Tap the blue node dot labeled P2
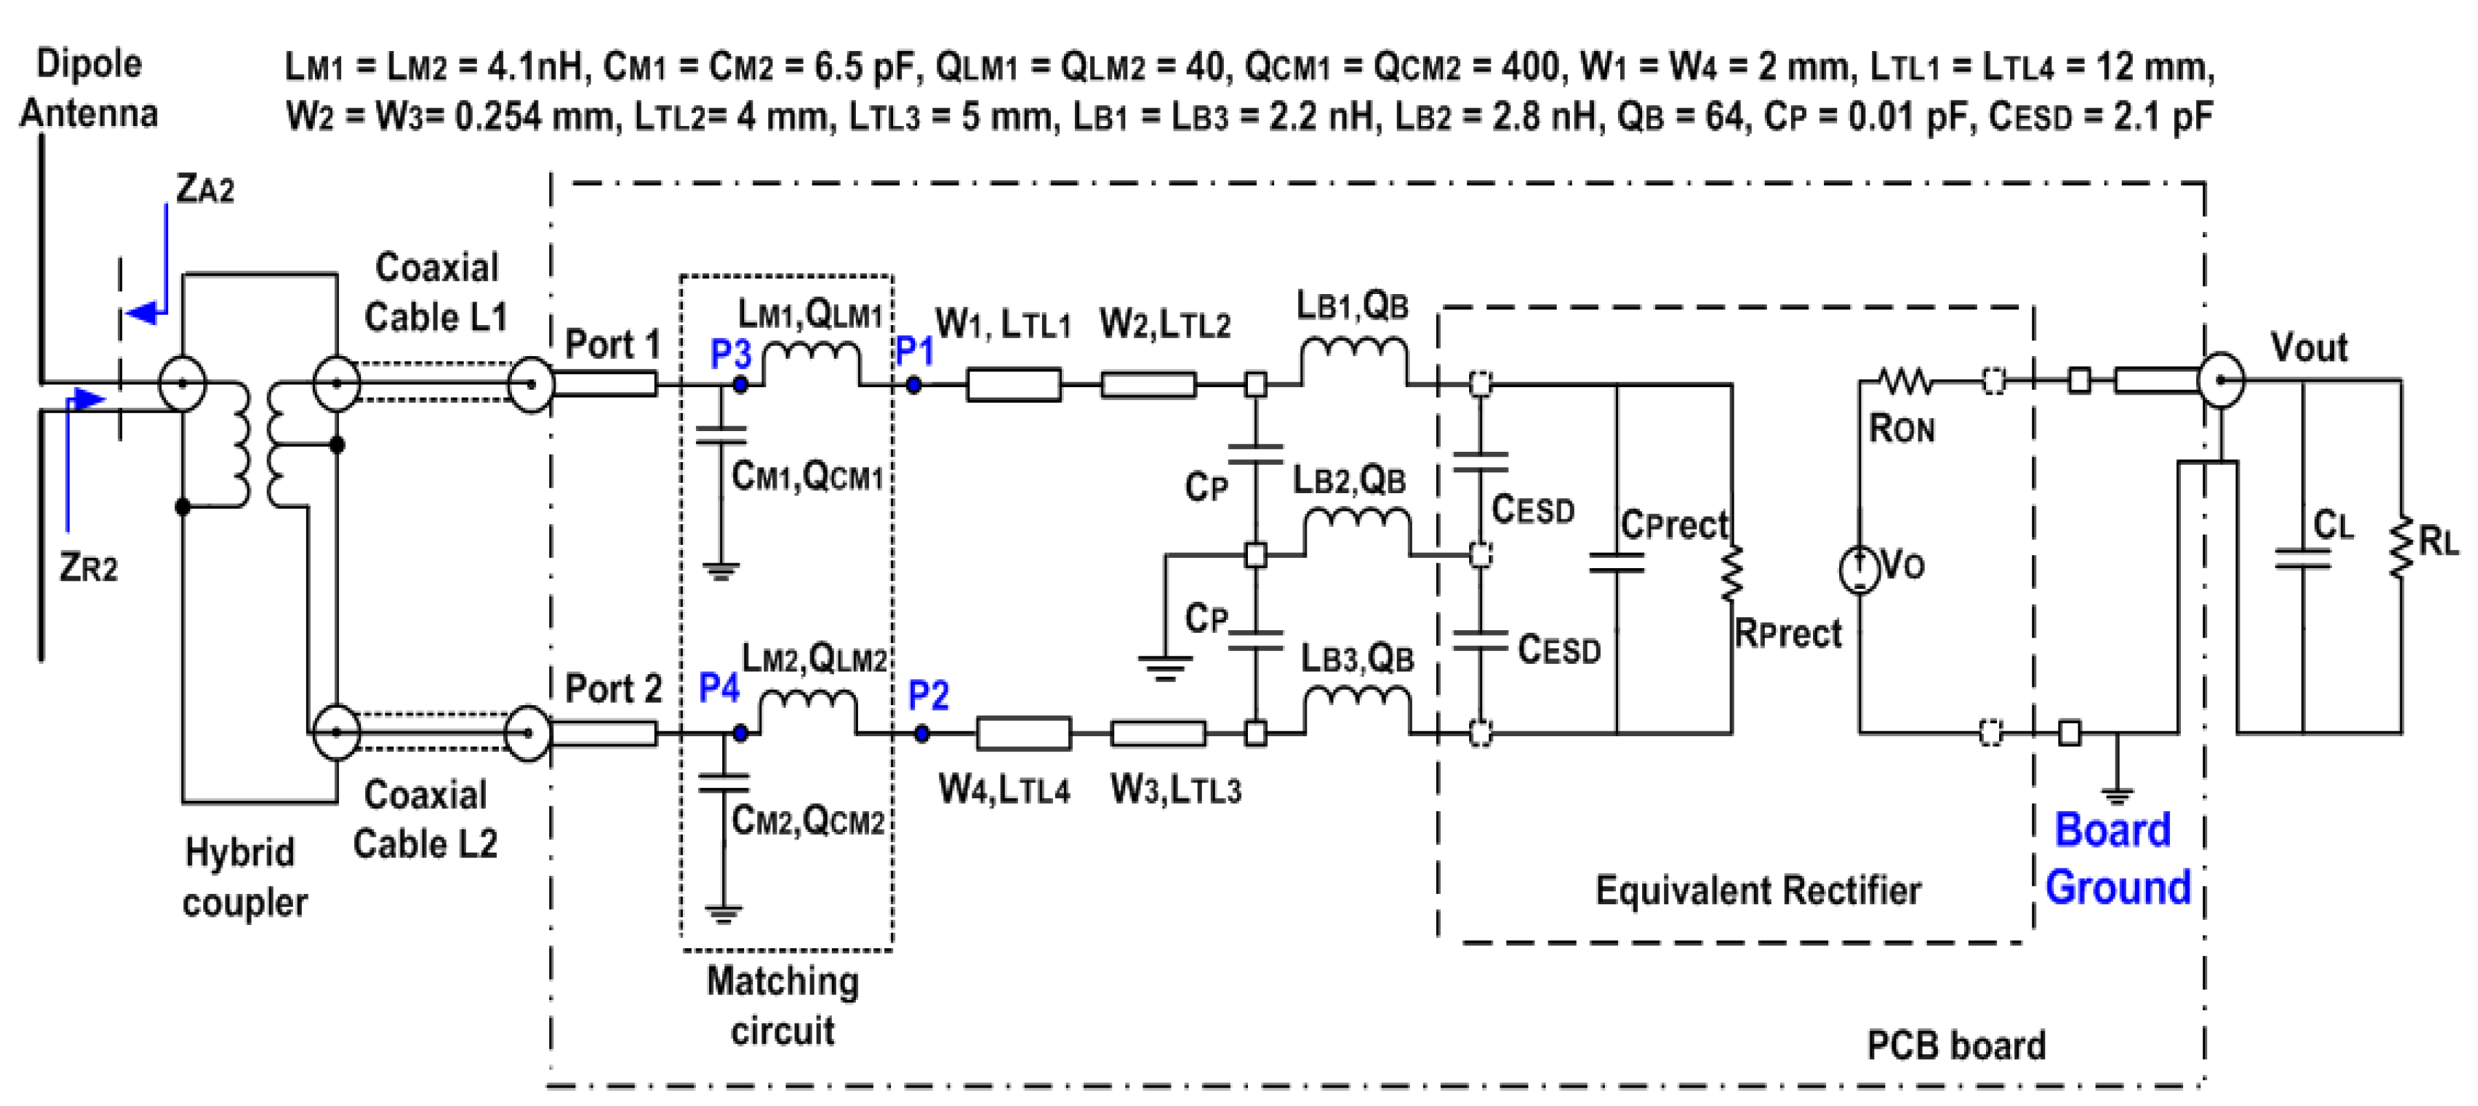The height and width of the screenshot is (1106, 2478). pyautogui.click(x=921, y=734)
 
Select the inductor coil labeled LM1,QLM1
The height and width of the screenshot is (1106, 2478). pyautogui.click(x=811, y=362)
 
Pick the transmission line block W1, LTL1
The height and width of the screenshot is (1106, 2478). pyautogui.click(x=1014, y=385)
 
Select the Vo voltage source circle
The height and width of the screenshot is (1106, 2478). pyautogui.click(x=1859, y=568)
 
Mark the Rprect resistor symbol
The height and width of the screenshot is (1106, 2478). pyautogui.click(x=1732, y=574)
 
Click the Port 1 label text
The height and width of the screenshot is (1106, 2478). pyautogui.click(x=612, y=344)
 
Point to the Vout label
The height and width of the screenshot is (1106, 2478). pyautogui.click(x=2308, y=347)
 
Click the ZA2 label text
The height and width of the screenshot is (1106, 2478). pyautogui.click(x=204, y=189)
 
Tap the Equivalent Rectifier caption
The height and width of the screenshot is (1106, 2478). pyautogui.click(x=1757, y=890)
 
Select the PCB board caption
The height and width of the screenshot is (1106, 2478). pyautogui.click(x=1956, y=1045)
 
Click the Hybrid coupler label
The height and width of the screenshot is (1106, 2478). pyautogui.click(x=243, y=877)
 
